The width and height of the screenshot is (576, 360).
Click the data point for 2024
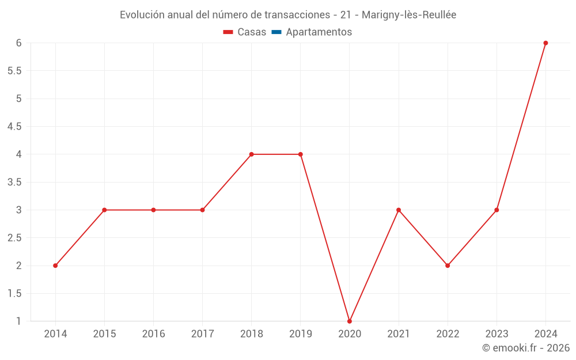click(545, 43)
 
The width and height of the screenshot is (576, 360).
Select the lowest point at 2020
click(350, 321)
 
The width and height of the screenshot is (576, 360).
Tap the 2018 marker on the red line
click(252, 154)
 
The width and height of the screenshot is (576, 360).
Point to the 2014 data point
click(55, 266)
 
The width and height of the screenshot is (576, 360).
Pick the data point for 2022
click(448, 266)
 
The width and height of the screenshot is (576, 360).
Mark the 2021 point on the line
click(399, 210)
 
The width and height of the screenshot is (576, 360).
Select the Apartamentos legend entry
click(319, 32)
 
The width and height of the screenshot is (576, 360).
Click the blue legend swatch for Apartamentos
click(276, 32)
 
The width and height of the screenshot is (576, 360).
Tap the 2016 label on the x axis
click(153, 334)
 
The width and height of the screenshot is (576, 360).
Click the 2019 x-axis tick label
click(301, 334)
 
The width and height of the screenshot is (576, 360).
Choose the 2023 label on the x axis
click(497, 334)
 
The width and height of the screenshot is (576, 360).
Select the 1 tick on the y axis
click(18, 321)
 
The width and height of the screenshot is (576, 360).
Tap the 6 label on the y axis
click(18, 43)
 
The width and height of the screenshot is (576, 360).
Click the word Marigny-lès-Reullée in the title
click(409, 15)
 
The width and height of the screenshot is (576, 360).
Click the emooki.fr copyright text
click(526, 348)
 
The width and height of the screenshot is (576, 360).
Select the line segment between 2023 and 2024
click(521, 126)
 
